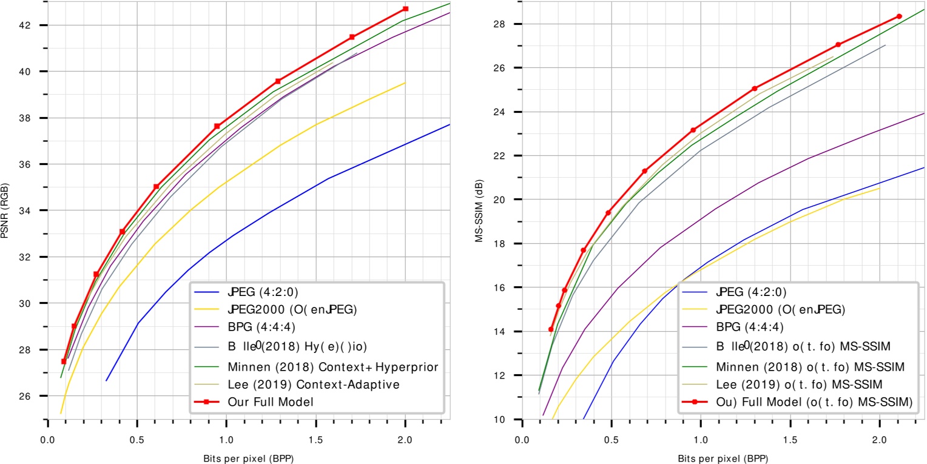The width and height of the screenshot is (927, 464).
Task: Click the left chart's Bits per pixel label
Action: point(249,455)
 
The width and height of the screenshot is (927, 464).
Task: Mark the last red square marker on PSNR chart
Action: point(405,9)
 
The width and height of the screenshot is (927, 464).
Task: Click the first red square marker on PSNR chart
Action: point(64,361)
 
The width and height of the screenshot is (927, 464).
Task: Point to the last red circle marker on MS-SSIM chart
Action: point(899,16)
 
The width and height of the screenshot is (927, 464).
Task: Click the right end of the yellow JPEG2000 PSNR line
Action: point(405,83)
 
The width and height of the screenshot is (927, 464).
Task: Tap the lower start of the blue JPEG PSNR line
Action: point(106,381)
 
